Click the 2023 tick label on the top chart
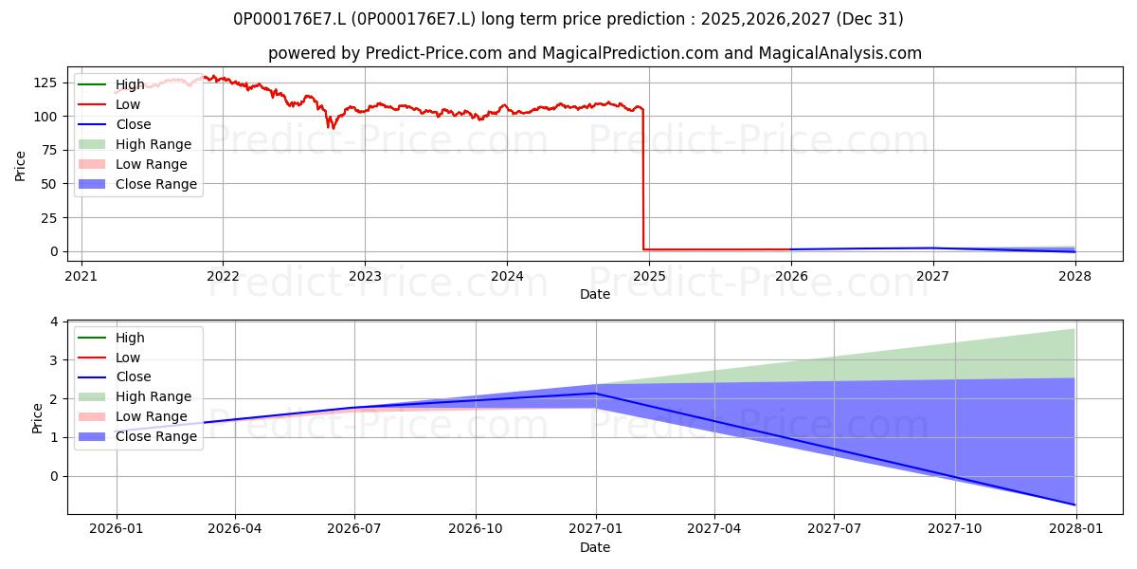365,276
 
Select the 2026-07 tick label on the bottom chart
354,529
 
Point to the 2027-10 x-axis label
955,529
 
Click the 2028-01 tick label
1075,529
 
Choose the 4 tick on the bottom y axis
54,321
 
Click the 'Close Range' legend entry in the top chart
137,184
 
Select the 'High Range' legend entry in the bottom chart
135,396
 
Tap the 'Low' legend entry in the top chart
109,104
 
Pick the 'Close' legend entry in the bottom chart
115,377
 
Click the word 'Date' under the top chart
595,294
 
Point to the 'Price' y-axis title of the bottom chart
37,418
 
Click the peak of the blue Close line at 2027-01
596,394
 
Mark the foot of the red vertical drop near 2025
643,249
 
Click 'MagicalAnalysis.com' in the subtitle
840,53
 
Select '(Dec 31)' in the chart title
870,19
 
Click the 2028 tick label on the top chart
1074,276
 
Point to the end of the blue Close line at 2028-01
1074,505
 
